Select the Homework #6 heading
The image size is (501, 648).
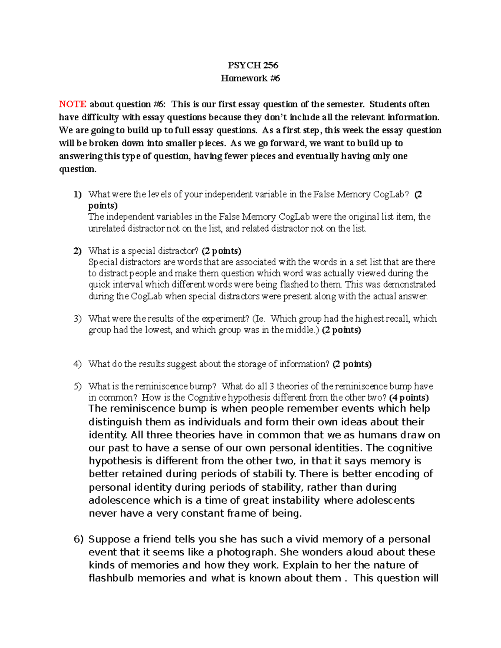[x=250, y=78]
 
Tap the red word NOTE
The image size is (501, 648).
[x=73, y=104]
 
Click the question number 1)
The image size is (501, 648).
[x=78, y=194]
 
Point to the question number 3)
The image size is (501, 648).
[x=78, y=319]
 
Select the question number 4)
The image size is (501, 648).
[x=78, y=364]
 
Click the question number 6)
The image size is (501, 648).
[x=79, y=539]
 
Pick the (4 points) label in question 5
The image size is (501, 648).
[x=409, y=398]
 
